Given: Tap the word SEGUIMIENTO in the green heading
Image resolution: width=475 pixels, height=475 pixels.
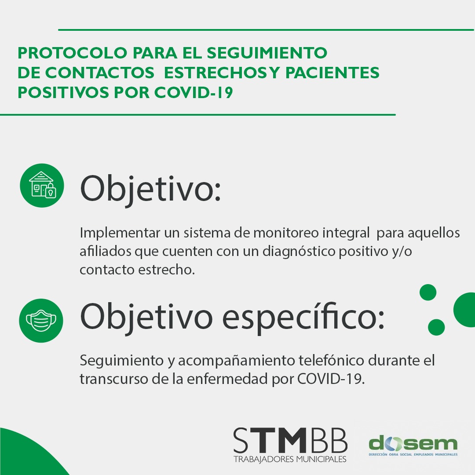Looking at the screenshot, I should [267, 53].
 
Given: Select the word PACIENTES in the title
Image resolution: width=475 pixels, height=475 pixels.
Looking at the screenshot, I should [332, 73].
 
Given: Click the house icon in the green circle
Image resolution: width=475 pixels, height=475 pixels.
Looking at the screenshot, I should [42, 185].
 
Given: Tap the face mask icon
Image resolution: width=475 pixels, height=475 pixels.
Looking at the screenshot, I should [41, 320].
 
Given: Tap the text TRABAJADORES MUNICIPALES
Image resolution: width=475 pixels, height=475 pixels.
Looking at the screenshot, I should [290, 460].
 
